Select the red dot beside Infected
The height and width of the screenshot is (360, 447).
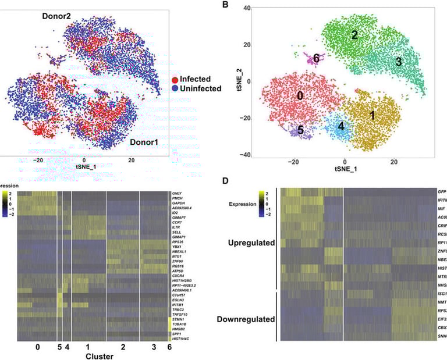coord(174,79)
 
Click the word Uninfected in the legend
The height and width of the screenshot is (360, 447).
coord(201,88)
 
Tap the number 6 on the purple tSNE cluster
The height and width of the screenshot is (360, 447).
coord(316,58)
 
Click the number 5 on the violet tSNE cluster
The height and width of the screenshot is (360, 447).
coord(300,130)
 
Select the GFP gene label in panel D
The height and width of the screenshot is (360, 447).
coord(442,191)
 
